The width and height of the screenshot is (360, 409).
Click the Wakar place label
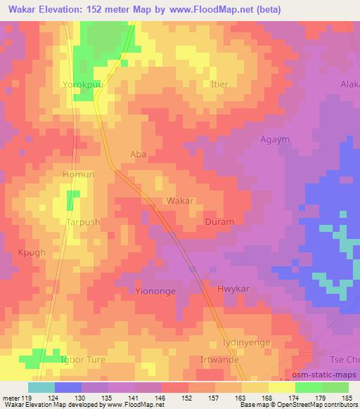click(180, 201)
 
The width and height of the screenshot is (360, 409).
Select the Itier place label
click(219, 84)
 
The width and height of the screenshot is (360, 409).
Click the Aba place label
click(139, 154)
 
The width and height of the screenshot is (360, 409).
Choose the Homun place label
click(79, 175)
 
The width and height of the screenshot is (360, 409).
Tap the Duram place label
click(219, 222)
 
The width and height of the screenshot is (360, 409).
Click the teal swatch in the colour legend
click(41, 387)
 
